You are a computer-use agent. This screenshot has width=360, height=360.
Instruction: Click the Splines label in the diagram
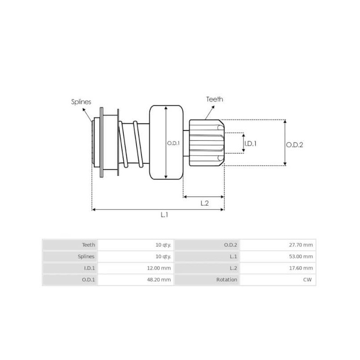[x=81, y=102]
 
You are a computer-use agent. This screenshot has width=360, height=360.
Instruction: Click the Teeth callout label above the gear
[x=214, y=99]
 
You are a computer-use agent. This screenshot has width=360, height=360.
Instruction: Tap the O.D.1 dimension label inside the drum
[x=173, y=143]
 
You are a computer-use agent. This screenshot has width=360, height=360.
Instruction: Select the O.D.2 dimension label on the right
[x=295, y=144]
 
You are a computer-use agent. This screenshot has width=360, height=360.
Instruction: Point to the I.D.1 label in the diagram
[x=250, y=144]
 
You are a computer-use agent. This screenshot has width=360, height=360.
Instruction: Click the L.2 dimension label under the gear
[x=204, y=202]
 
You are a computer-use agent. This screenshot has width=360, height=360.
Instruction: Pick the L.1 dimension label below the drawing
[x=165, y=215]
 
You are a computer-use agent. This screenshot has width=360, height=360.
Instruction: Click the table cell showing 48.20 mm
[x=160, y=279]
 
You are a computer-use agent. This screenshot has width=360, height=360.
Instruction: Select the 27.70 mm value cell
[x=302, y=245]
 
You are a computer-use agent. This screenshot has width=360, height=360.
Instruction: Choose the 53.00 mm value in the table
[x=302, y=256]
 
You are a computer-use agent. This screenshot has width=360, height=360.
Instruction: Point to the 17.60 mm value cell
[x=302, y=268]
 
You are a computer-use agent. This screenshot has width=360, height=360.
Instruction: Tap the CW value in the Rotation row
[x=309, y=279]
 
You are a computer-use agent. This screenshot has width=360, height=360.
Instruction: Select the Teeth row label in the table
[x=88, y=245]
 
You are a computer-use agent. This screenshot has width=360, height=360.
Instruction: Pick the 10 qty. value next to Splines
[x=163, y=256]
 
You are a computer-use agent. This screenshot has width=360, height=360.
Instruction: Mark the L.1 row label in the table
[x=233, y=256]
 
